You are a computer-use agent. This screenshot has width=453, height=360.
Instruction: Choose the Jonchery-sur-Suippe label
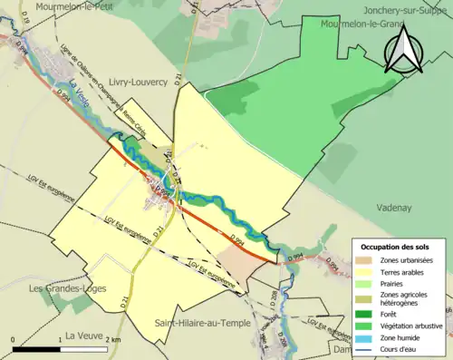click(407, 10)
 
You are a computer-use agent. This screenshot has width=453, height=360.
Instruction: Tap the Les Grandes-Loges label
click(68, 288)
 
